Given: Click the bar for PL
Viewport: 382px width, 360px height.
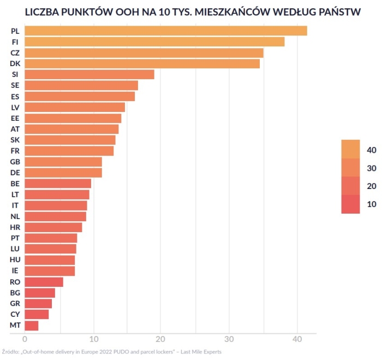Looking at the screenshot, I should [165, 31].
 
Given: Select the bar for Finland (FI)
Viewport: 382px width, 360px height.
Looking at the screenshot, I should [154, 42].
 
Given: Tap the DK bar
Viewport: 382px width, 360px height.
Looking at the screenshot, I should [142, 64].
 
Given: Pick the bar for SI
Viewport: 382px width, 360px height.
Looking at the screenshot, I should [89, 75].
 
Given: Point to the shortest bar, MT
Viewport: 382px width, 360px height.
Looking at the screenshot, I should [31, 326].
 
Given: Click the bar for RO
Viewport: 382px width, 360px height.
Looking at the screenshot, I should [44, 282].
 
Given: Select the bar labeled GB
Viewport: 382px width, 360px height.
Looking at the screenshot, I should [63, 162].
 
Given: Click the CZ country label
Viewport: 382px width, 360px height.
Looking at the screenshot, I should [15, 53].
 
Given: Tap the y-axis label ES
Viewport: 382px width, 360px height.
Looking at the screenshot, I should [15, 97].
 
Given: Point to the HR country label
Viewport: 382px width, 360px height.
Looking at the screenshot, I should [15, 227].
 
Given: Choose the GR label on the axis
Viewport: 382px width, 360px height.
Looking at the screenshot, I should [15, 304].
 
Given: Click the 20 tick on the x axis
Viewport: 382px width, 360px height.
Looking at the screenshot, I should [161, 339].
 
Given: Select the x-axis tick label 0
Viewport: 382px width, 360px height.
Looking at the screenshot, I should [25, 339].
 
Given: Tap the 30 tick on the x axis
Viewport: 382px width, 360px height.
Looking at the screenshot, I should [229, 339].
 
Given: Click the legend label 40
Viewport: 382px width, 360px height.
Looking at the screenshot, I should [372, 150].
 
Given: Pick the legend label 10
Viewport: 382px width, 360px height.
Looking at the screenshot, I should [372, 204].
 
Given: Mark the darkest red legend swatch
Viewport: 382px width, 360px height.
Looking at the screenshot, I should [350, 204].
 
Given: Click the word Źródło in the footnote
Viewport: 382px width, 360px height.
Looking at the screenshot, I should [10, 352].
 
